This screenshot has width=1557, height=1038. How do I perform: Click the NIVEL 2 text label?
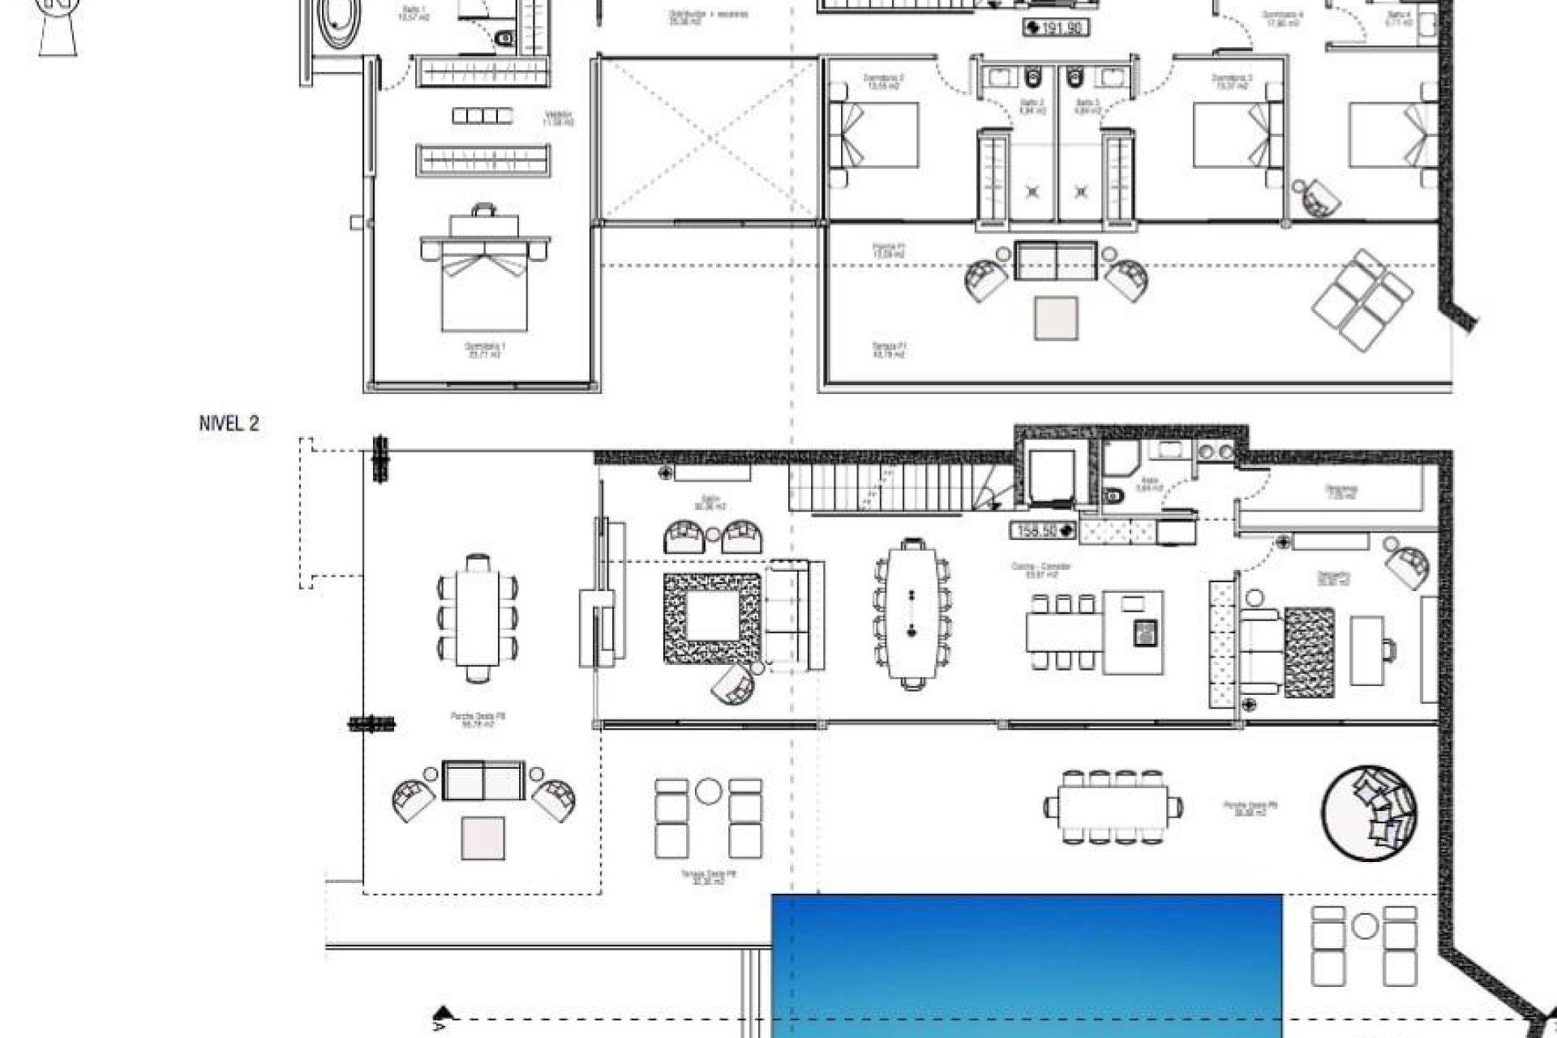click(229, 423)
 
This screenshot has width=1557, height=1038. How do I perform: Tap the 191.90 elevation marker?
click(1057, 28)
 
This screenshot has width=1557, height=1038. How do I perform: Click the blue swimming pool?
click(1026, 965)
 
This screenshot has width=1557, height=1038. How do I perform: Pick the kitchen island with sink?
click(1134, 632)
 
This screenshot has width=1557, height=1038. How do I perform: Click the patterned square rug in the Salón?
click(713, 619)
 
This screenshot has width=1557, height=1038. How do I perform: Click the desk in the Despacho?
click(1367, 649)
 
